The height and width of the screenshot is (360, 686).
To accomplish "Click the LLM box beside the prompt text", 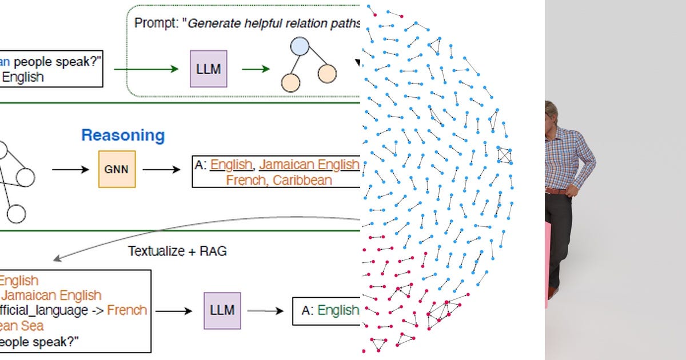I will pyautogui.click(x=208, y=69).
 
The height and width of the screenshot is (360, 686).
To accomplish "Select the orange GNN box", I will pyautogui.click(x=117, y=169).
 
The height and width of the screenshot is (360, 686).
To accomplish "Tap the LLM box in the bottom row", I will pyautogui.click(x=222, y=311).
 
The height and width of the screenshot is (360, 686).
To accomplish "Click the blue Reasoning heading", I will pyautogui.click(x=123, y=135).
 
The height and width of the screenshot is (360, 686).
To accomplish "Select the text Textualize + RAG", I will pyautogui.click(x=177, y=251).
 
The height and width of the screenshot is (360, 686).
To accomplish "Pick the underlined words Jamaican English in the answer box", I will pyautogui.click(x=309, y=165).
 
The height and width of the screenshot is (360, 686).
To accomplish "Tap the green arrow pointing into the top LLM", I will pyautogui.click(x=146, y=69).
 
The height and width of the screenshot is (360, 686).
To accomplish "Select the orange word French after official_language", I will pyautogui.click(x=127, y=310).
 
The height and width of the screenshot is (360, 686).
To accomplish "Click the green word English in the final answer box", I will pyautogui.click(x=338, y=310).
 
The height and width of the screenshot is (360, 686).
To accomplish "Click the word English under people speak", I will pyautogui.click(x=23, y=77).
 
